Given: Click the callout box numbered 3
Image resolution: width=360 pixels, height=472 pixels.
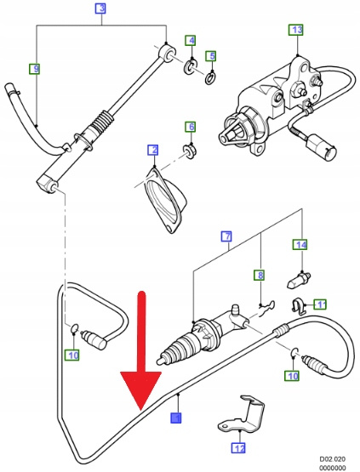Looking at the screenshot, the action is pos(101,9).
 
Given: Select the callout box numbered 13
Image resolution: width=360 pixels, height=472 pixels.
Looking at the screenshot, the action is pos(297,30).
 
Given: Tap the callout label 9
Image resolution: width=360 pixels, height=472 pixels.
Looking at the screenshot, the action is pos(36,69).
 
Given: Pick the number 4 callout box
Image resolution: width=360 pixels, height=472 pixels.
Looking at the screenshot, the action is pos(191,40).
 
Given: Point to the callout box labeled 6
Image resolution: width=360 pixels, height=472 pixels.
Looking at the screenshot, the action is pos(191,127).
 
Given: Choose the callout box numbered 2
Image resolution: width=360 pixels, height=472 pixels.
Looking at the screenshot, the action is pos(154,150).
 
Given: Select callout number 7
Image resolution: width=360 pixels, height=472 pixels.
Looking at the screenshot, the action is pos(227,236).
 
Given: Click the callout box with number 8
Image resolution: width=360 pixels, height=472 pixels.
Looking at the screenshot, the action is pos(260,275).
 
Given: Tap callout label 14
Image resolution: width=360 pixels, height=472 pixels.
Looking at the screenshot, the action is pos(301,245).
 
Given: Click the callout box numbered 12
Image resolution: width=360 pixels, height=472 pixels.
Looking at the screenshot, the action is pos(239,448).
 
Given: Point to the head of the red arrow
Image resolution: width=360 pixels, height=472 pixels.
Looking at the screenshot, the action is pos(141,410).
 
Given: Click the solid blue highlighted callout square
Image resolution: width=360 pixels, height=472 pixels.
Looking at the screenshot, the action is pos(176,418).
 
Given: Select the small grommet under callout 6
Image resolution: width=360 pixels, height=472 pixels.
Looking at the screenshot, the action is pos(190,149).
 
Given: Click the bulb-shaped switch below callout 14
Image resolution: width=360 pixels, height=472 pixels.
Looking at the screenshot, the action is pos(298,279).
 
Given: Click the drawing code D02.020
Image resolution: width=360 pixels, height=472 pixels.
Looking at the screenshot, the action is pos(333,459).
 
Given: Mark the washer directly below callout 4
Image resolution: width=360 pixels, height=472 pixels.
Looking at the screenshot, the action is pos(190,67).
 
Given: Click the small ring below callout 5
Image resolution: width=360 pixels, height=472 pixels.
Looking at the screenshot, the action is pos(210,77).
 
